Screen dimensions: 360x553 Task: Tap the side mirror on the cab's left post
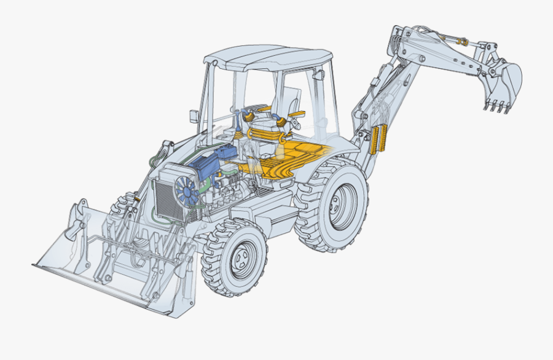(194, 115)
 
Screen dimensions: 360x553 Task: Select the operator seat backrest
(291, 98)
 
